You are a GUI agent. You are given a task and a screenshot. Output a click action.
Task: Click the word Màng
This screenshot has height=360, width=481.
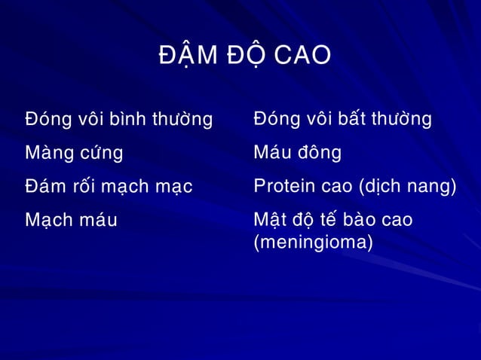coord(48,154)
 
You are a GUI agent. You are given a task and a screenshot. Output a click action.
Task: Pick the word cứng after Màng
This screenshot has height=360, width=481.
coord(100,154)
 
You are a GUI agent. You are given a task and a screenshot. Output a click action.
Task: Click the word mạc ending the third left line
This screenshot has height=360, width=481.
coord(174,187)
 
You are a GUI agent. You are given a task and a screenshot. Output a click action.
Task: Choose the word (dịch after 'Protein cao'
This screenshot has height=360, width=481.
coord(379,187)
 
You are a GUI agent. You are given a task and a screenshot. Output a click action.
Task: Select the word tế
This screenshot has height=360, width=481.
coord(329,220)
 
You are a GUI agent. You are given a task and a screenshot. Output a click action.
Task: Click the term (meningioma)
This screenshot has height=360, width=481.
coord(313,243)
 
